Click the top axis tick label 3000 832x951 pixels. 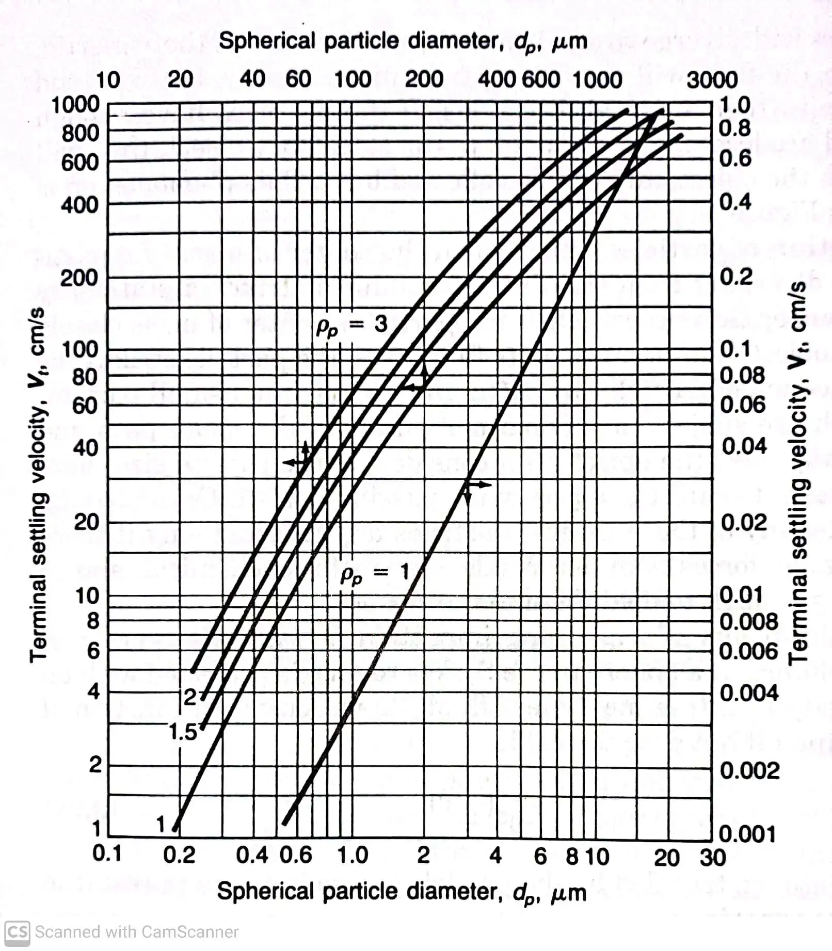(712, 80)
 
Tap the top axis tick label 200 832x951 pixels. (424, 79)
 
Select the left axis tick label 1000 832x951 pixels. (75, 104)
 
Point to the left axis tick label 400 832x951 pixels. (79, 205)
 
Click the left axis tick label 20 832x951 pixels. (86, 522)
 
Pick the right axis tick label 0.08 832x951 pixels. (742, 376)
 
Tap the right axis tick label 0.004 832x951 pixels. (749, 692)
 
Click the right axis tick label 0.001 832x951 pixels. (747, 834)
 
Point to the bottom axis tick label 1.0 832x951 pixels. (353, 855)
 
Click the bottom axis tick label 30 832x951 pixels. (713, 858)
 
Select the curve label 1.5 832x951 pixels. (183, 732)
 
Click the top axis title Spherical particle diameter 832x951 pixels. (403, 41)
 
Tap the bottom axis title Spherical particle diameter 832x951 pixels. (402, 892)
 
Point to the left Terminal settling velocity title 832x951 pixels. (38, 485)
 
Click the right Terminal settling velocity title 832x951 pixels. (798, 472)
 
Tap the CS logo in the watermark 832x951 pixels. (17, 932)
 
